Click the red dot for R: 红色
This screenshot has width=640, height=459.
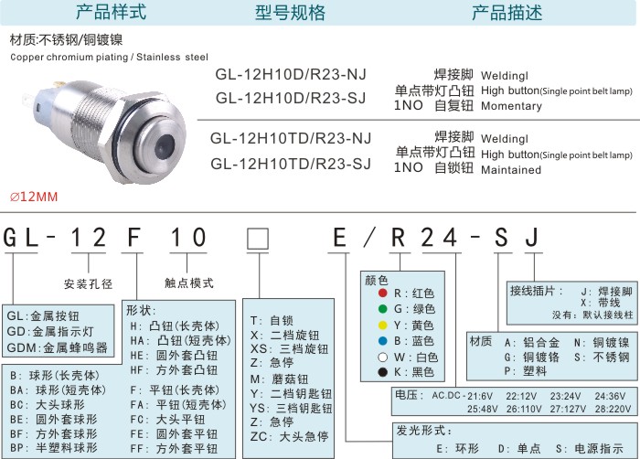point(382,293)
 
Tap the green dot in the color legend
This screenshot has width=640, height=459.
point(382,309)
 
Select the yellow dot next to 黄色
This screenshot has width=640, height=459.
point(382,326)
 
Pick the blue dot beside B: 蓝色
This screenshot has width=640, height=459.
point(382,341)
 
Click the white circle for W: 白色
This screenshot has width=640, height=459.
point(382,358)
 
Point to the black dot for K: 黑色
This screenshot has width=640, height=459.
point(382,372)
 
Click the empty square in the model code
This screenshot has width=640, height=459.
point(258,239)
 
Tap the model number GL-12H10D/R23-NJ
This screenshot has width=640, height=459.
point(291,74)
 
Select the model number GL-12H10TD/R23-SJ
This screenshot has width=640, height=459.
point(291,164)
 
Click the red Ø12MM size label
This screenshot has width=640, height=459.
point(34,197)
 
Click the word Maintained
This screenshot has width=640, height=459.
point(511,169)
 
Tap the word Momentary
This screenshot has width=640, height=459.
point(511,106)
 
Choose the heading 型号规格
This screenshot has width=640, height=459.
point(290,13)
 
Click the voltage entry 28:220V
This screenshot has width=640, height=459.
point(613,409)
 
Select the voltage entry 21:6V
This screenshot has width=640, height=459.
point(480,396)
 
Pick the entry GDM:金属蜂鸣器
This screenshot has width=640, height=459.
point(57,348)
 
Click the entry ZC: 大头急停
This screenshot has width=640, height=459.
point(290,436)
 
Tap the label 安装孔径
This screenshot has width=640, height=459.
point(88,283)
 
